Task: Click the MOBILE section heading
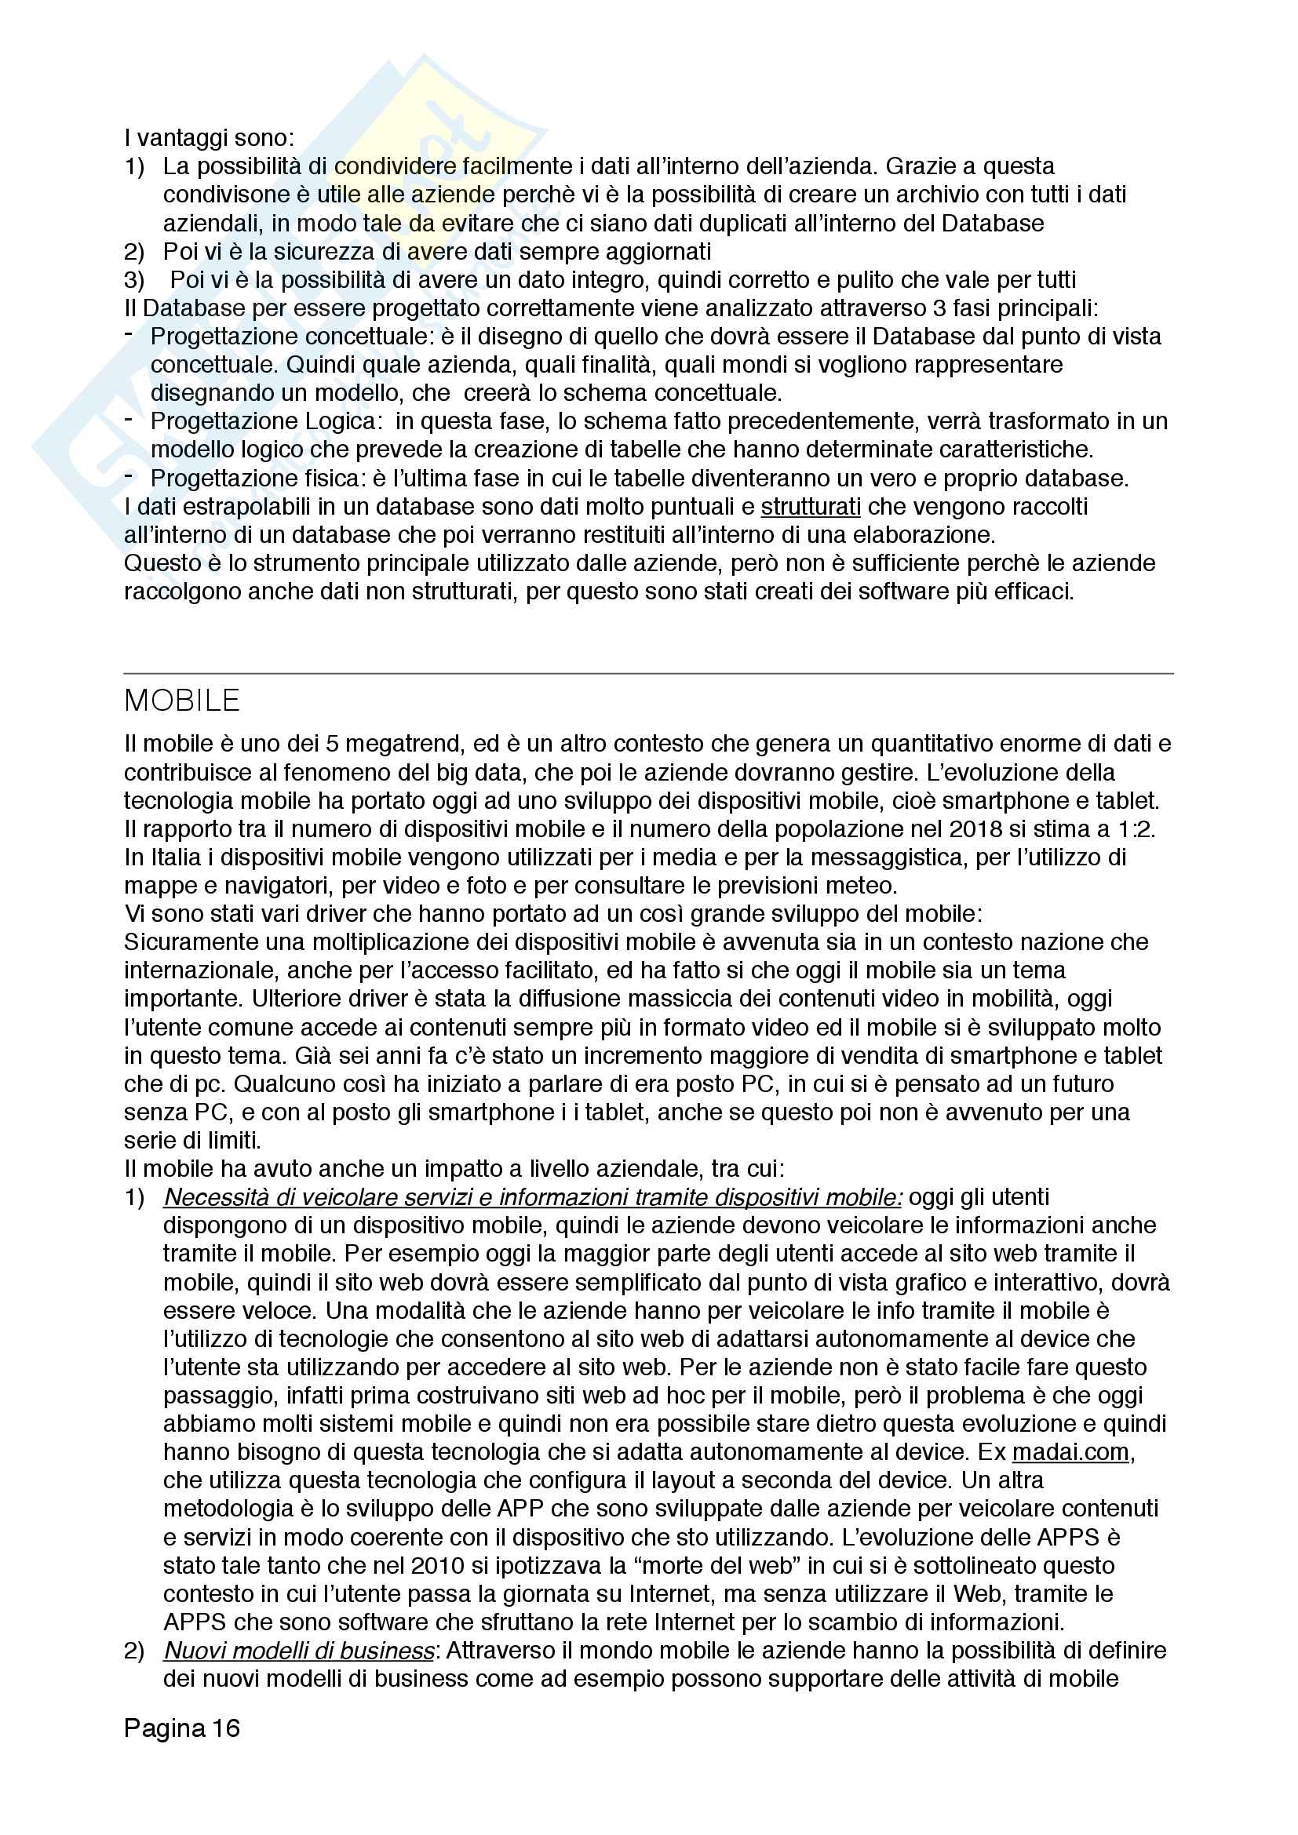[181, 701]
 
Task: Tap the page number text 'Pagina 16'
[181, 1728]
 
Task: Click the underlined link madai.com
[1070, 1451]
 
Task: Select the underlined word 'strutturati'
[811, 507]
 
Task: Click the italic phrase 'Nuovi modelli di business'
[300, 1651]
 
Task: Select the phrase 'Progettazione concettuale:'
[292, 337]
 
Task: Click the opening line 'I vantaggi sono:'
[210, 138]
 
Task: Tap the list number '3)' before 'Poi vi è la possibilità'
[134, 280]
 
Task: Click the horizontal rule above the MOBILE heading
[648, 674]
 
